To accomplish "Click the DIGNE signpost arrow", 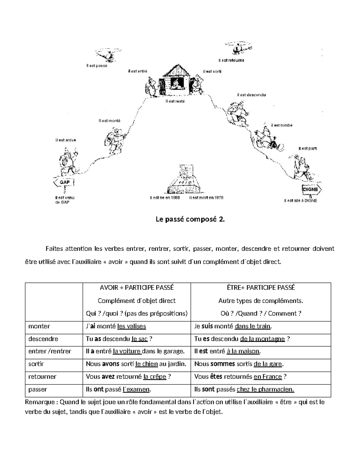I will pos(311,190).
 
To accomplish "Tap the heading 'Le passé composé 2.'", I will pos(190,219).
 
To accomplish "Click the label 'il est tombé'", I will pos(281,125).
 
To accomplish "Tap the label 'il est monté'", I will pos(109,121).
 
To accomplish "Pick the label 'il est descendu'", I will pos(251,95).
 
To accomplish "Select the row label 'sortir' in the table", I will pos(36,364).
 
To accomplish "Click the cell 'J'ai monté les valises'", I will pos(116,326).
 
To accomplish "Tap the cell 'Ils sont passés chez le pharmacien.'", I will pos(244,389).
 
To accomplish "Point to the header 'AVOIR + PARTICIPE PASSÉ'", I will pos(137,287).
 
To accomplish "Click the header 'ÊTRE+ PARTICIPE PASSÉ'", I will pos(261,287).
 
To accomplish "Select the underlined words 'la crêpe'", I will pos(155,377).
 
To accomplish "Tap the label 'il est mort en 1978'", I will pos(206,198).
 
